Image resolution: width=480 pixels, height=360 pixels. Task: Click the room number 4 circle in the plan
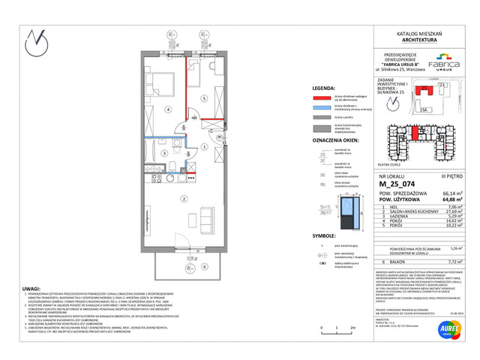(x=168, y=109)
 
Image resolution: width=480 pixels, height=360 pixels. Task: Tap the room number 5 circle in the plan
(x=203, y=99)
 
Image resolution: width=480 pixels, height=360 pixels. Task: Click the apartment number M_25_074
(x=391, y=183)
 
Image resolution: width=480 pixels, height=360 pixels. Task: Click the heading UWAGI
(x=31, y=287)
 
